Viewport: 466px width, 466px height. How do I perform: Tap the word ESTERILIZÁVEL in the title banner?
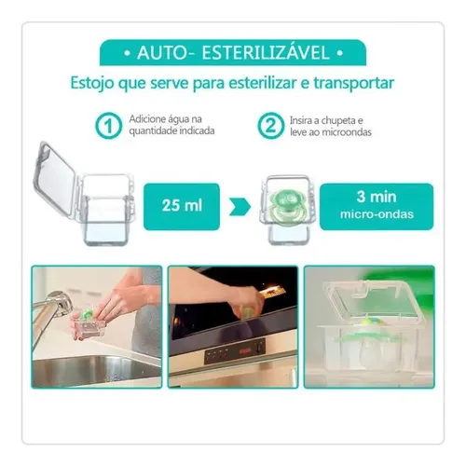pos(266,52)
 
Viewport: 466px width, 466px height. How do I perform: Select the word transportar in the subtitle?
pos(354,83)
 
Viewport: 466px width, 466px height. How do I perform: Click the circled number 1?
pos(108,126)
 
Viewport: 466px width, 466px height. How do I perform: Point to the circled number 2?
pos(270,126)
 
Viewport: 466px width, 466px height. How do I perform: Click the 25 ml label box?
pos(182,207)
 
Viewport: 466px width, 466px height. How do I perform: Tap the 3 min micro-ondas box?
pos(377,207)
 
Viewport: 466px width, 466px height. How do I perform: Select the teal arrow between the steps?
pos(240,207)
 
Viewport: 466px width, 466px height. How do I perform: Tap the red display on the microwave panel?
pos(246,350)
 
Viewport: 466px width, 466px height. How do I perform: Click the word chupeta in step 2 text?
pos(336,120)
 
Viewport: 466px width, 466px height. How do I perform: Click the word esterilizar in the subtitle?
pos(262,83)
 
